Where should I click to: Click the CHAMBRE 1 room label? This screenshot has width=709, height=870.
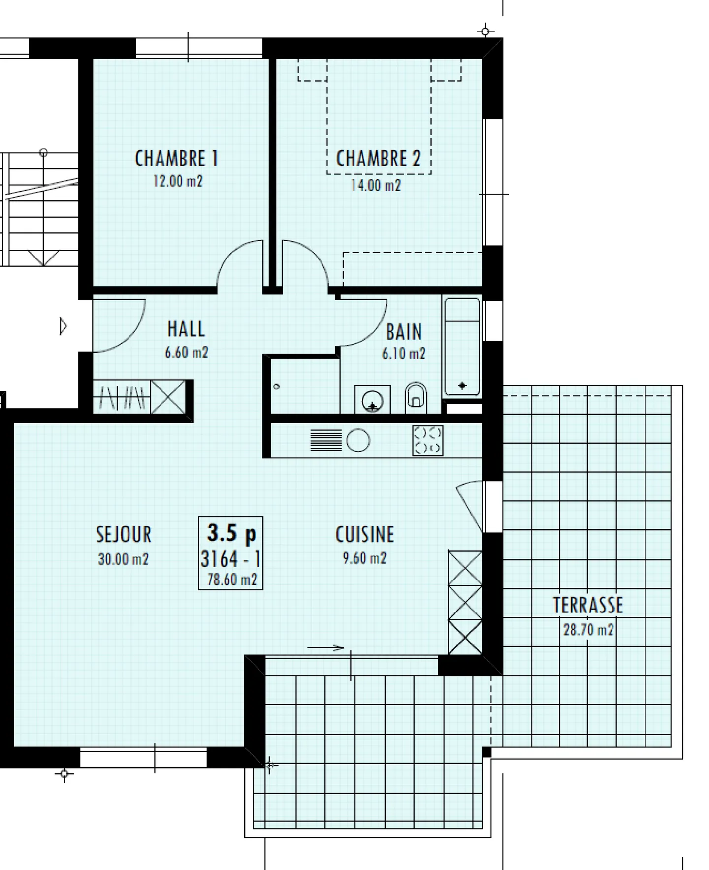(x=176, y=159)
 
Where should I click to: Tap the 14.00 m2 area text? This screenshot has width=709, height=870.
(x=376, y=186)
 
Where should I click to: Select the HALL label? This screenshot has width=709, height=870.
(x=186, y=329)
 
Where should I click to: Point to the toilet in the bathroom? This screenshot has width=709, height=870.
(x=416, y=397)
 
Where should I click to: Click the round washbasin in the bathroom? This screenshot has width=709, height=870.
(x=372, y=401)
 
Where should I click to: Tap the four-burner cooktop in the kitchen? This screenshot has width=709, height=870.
(x=427, y=441)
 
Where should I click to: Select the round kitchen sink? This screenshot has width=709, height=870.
(x=358, y=440)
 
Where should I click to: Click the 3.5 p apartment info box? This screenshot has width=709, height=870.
(x=230, y=553)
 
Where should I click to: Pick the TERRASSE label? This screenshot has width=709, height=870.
(x=588, y=605)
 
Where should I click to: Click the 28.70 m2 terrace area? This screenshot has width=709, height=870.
(x=588, y=630)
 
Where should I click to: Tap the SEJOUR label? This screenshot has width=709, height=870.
(x=124, y=535)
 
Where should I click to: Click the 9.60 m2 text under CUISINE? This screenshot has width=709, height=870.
(x=364, y=558)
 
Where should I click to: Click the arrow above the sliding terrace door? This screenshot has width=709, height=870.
(x=325, y=648)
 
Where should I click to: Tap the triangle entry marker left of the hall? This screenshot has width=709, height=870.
(x=63, y=326)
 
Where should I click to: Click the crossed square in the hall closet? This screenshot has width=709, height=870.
(x=168, y=396)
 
